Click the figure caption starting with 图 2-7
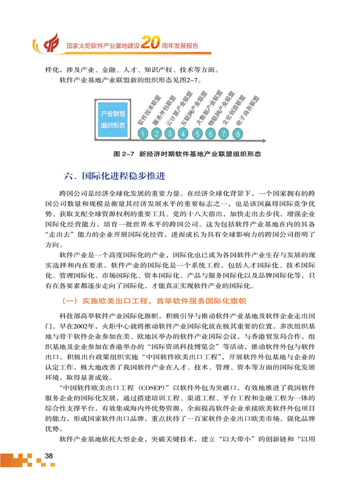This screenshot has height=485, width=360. [186, 154]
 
